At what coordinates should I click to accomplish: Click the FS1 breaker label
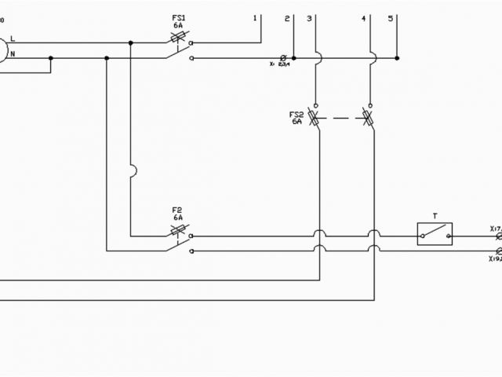[x=178, y=16]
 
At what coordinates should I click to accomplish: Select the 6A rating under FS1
[x=178, y=25]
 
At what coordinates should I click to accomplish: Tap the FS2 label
[x=296, y=115]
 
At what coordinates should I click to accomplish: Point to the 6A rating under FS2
[x=296, y=123]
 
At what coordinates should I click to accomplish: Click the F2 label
[x=177, y=210]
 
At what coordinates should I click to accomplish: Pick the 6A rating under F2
[x=177, y=218]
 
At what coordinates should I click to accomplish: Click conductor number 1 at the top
[x=256, y=17]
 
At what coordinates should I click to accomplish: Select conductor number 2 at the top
[x=287, y=17]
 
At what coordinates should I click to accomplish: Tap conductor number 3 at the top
[x=310, y=17]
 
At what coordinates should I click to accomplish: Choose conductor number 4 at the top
[x=365, y=17]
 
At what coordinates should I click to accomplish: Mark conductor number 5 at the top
[x=391, y=17]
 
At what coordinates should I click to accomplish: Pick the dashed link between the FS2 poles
[x=342, y=119]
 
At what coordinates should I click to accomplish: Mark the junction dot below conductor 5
[x=398, y=57]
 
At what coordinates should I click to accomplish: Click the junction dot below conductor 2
[x=293, y=57]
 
